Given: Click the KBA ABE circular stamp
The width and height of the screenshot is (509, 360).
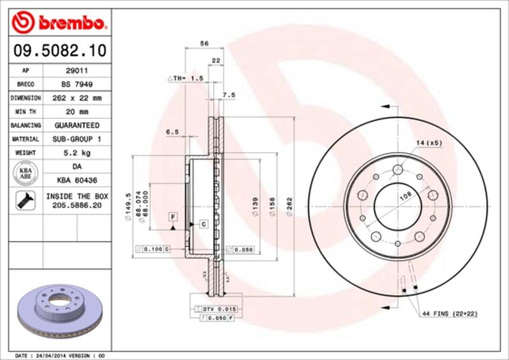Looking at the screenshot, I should pos(26,173).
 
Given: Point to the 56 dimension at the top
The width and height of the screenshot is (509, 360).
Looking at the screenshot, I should pos(204,43).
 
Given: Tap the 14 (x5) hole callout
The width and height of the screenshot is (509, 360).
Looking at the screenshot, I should pos(429,143).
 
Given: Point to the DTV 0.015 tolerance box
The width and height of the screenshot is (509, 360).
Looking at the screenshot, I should pos(218,308).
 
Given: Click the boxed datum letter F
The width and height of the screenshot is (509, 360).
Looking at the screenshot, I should pos(172,217).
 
